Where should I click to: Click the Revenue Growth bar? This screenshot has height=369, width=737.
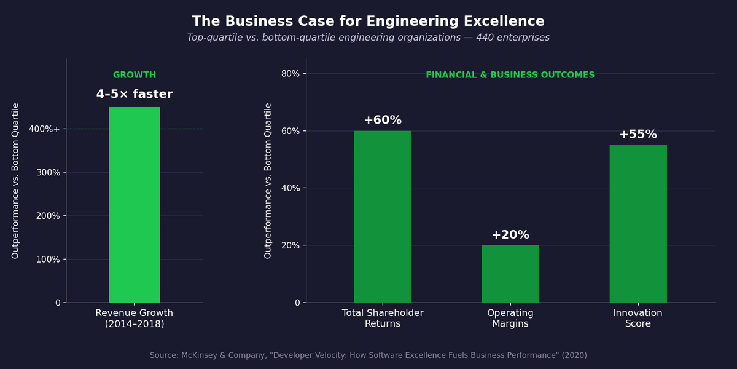135,205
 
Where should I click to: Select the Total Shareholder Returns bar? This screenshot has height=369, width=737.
383,216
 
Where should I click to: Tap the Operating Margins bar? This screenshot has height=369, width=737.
510,274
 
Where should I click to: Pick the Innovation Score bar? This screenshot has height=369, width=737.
638,224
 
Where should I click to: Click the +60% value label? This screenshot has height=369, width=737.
383,121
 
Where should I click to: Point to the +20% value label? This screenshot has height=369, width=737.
510,235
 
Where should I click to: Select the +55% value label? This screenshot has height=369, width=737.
638,135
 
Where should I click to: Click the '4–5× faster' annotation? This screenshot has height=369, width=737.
135,95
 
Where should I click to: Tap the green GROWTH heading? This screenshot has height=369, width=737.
135,75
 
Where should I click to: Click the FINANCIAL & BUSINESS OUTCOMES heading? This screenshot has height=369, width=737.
510,75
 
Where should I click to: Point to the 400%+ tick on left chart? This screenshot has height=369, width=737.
44,129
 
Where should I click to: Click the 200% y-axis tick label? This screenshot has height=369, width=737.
49,216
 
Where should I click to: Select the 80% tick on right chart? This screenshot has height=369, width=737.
291,74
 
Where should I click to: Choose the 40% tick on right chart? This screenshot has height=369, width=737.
291,188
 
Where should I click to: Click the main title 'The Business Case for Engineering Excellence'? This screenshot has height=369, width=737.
368,22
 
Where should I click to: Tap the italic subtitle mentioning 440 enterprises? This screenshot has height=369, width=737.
368,38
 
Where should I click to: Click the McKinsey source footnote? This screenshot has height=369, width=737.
368,355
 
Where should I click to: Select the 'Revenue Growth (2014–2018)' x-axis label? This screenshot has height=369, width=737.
135,319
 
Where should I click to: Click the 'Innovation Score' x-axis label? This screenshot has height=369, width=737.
638,319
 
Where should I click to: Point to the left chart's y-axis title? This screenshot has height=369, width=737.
16,180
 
